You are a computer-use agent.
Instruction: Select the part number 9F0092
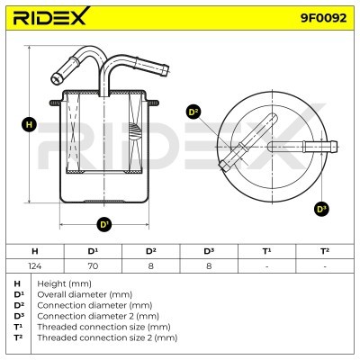tap(323, 18)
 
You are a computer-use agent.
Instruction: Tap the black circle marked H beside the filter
tap(29, 124)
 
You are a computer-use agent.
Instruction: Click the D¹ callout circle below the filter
tap(104, 224)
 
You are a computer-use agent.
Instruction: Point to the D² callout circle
tap(193, 112)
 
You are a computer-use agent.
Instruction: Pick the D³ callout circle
tap(321, 209)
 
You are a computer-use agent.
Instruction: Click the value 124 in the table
tap(35, 265)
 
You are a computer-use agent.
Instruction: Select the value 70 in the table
tap(93, 265)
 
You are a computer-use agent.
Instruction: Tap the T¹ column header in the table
tap(266, 251)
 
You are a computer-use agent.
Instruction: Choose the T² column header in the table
tap(325, 251)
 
